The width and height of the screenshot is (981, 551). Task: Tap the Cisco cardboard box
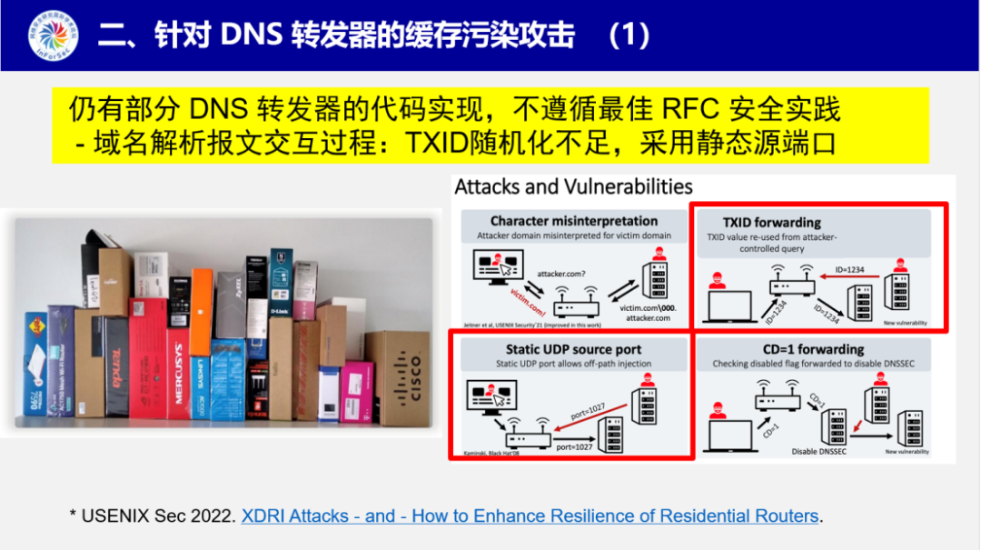click(398, 377)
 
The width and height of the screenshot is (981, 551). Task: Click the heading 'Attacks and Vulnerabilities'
click(573, 187)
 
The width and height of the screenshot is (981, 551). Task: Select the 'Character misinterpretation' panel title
click(574, 221)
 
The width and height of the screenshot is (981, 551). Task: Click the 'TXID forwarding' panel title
click(771, 222)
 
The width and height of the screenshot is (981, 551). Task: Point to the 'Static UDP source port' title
click(573, 349)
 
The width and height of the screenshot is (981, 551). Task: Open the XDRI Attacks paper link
click(530, 516)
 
